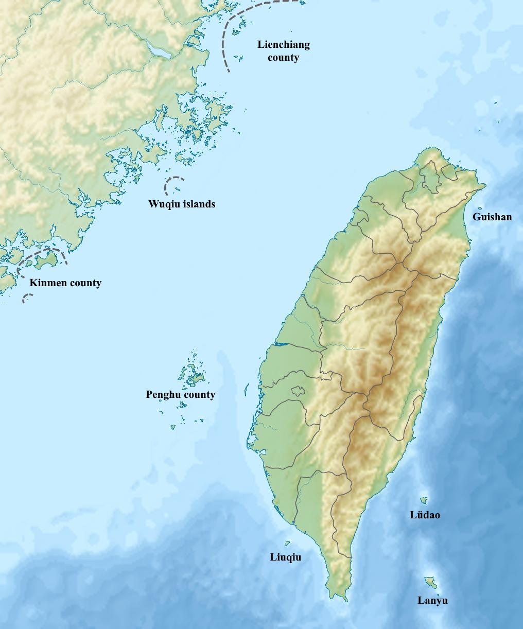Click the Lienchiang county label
click(284, 51)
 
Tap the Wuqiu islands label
click(182, 204)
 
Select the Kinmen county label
click(65, 283)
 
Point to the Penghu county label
click(180, 395)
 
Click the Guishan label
click(492, 217)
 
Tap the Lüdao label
click(425, 515)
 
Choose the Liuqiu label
click(286, 557)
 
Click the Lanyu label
click(432, 600)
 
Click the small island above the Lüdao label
click(423, 500)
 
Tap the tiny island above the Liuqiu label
click(287, 543)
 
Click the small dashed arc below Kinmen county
click(27, 297)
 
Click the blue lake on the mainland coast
click(158, 49)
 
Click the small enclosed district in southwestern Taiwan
click(298, 391)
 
